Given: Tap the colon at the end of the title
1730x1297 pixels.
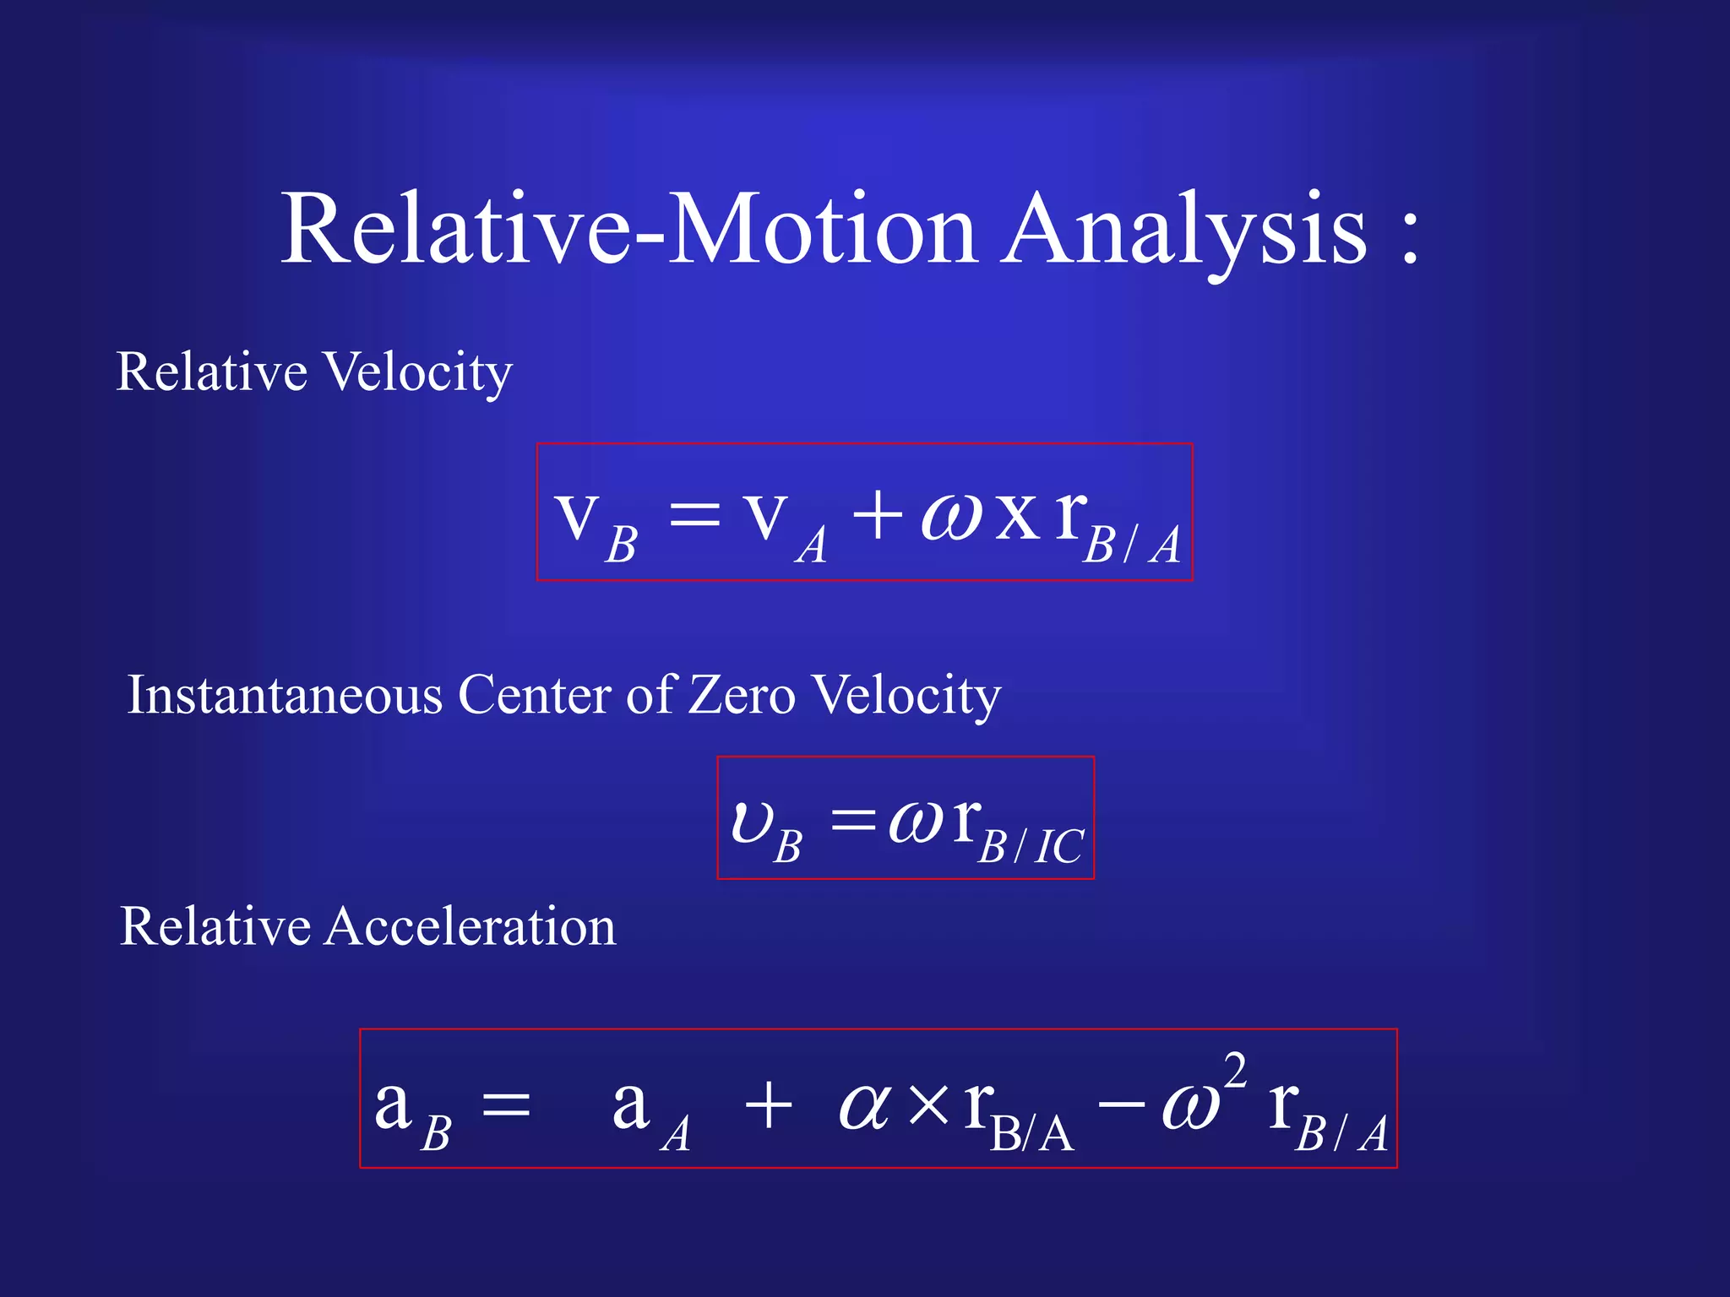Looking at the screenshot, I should [x=1409, y=236].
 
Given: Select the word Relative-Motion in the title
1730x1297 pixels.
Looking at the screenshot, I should [x=628, y=230].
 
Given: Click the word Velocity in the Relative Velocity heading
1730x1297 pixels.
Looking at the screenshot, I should [x=418, y=373].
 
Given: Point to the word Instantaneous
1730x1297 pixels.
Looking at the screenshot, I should [x=285, y=695].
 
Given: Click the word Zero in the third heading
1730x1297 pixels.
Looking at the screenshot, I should [x=742, y=695].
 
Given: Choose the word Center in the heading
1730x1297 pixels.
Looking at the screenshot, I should [x=535, y=695].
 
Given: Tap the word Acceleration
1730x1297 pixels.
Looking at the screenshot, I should [x=471, y=926].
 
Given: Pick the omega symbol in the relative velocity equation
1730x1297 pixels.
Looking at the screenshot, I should [x=950, y=516].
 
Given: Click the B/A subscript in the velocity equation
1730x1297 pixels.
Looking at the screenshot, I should [x=1132, y=545].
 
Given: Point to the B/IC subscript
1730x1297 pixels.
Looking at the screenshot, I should [x=1031, y=846].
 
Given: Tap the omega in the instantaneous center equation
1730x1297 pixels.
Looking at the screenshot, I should [x=916, y=822].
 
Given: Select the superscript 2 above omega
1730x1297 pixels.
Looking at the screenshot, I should [x=1234, y=1071].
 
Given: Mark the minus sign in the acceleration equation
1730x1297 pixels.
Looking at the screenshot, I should [x=1122, y=1104].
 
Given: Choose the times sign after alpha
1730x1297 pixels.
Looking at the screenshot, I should [x=929, y=1104].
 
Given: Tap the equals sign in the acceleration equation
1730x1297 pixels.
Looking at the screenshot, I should [x=505, y=1104].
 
